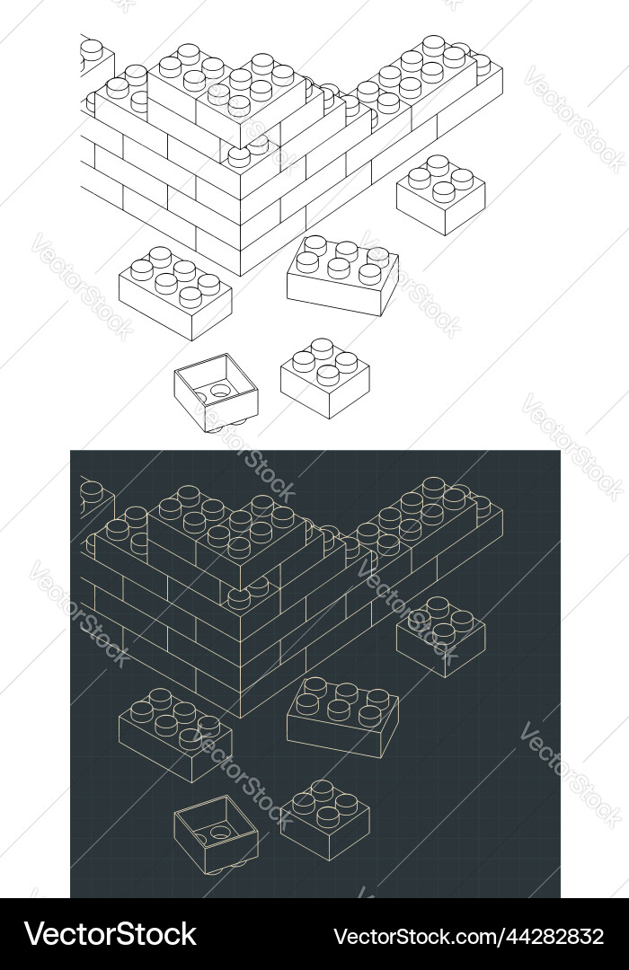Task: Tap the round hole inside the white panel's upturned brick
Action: click(220, 391)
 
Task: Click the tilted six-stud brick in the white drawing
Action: click(342, 274)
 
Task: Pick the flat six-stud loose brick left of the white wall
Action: click(175, 293)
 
